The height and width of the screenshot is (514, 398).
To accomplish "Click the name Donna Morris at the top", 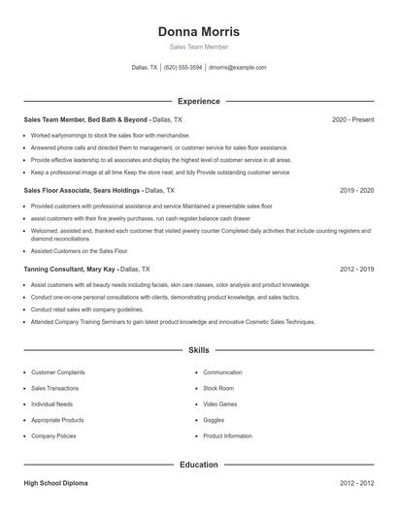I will tap(199, 31).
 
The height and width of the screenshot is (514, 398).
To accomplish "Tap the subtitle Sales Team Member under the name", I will tap(199, 47).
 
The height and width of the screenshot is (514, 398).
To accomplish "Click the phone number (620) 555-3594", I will tap(183, 68).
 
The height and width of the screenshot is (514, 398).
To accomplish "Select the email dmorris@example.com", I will tap(238, 68).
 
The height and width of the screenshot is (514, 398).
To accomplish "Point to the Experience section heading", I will tap(199, 101).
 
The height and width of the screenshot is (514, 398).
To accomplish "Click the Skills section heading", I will tap(199, 349).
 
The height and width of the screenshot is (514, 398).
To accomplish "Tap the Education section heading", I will tap(199, 465).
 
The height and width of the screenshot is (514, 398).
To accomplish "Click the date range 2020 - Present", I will tap(352, 119).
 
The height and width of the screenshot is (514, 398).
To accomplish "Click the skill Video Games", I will tap(220, 404).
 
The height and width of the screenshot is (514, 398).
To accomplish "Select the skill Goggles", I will tap(214, 420).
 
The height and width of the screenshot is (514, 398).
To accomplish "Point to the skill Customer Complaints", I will tap(58, 372).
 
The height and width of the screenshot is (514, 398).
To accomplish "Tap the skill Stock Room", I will tap(218, 388).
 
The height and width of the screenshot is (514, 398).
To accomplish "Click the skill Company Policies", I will tap(54, 436).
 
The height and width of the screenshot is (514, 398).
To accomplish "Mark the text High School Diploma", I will tap(60, 482).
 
